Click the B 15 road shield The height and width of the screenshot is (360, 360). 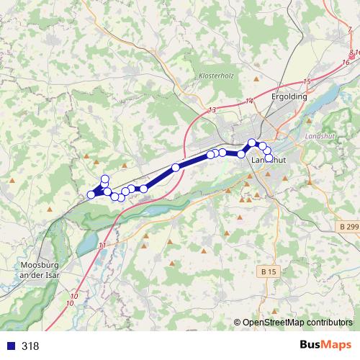(x=269, y=271)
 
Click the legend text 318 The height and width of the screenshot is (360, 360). (x=30, y=346)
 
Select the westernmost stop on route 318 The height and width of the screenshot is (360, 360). (x=91, y=194)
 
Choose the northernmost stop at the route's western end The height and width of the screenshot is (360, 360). (x=105, y=179)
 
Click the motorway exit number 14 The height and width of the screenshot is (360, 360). (x=250, y=101)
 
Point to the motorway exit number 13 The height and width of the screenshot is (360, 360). (x=212, y=109)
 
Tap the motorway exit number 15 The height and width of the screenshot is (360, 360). (x=307, y=82)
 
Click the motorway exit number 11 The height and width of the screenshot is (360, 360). (x=102, y=246)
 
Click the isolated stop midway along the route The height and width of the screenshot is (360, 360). (x=176, y=168)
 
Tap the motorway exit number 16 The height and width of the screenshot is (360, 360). (x=346, y=63)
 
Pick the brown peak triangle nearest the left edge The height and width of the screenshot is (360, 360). (x=14, y=179)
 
